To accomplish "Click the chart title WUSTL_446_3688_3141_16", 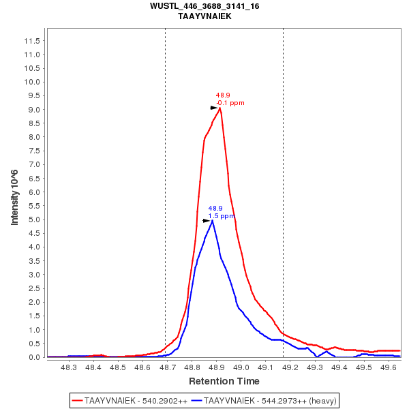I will tap(204, 6).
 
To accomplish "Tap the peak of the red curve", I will tap(219, 108).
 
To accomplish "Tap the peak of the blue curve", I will tap(213, 220).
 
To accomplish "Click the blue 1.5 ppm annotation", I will tap(222, 216).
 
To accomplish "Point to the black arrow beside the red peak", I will tap(213, 108).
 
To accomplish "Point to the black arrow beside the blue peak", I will tap(207, 221).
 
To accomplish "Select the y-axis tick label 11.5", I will tap(31, 41).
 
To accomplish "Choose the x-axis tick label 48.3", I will tap(69, 368).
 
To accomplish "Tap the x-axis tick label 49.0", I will tap(241, 368).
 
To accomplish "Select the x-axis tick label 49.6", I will tap(389, 368).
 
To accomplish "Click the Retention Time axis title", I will tap(224, 381).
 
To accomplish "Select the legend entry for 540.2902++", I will tap(130, 400).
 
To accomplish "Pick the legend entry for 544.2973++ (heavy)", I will tap(265, 400).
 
